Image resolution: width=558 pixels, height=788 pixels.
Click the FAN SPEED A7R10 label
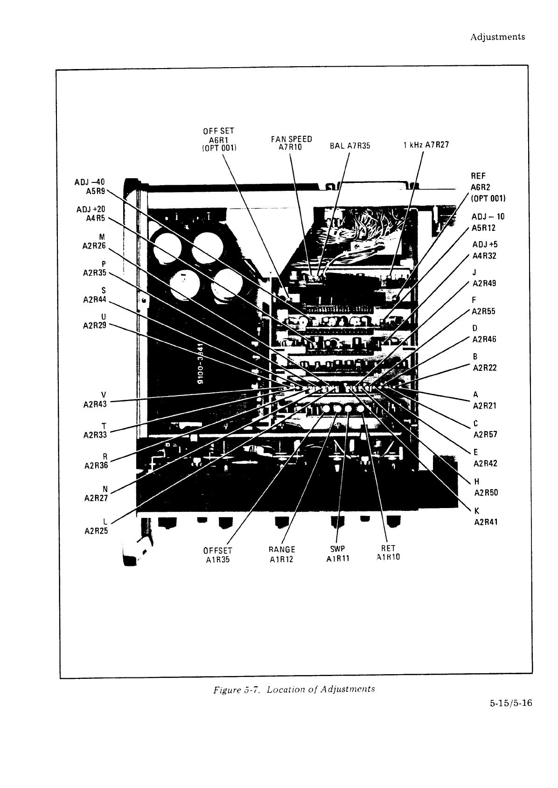pos(291,143)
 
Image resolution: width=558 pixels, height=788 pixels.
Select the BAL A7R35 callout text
pos(349,146)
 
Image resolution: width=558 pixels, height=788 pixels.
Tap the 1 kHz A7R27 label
pos(426,145)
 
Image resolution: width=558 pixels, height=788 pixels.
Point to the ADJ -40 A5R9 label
pos(91,186)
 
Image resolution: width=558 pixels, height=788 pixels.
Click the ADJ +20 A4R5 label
pos(92,214)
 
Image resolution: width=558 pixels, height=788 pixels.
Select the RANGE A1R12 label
pos(282,554)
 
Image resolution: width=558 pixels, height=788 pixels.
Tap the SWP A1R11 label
pos(338,553)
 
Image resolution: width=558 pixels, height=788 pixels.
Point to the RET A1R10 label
pos(388,553)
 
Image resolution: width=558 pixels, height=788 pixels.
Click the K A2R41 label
pos(486,516)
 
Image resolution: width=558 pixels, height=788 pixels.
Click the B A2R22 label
pos(484,363)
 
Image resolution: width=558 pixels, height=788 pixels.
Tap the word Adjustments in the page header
pos(497,37)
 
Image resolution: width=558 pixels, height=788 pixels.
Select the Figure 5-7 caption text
pos(293,689)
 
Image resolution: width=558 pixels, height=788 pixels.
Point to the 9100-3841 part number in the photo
pos(201,363)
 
